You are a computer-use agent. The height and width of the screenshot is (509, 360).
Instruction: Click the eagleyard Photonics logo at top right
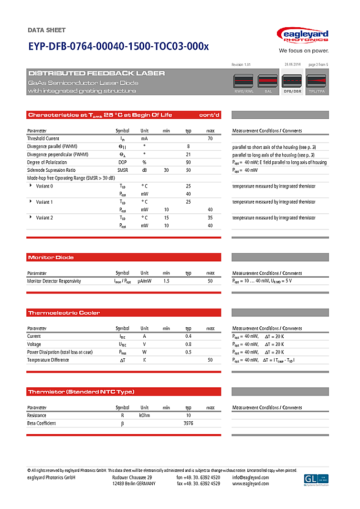click(x=303, y=36)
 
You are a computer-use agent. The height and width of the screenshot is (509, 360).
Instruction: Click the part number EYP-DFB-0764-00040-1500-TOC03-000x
click(x=118, y=47)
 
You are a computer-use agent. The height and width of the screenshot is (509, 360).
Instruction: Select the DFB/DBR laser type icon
click(x=292, y=83)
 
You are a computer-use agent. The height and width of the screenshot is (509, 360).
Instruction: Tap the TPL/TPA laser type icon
click(x=316, y=83)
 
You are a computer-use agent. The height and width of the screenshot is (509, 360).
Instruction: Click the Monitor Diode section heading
click(x=51, y=258)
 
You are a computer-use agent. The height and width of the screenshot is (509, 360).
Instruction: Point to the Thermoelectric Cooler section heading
click(x=64, y=313)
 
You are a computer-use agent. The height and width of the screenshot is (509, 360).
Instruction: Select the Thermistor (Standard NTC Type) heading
click(x=81, y=392)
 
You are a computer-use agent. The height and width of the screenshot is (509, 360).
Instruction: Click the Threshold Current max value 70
click(x=210, y=138)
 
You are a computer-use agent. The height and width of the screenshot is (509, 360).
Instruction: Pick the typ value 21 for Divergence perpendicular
click(x=188, y=155)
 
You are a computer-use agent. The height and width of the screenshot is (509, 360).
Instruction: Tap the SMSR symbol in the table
click(x=123, y=170)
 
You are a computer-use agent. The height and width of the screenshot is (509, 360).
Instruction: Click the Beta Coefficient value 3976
click(x=188, y=423)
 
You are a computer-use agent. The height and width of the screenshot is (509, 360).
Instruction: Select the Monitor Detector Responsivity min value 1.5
click(x=166, y=281)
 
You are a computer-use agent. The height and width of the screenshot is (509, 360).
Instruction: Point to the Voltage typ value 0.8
click(x=188, y=344)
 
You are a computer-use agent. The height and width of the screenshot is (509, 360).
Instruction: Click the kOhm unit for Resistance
click(x=145, y=416)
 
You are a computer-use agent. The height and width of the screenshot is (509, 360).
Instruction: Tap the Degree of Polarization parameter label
click(x=47, y=162)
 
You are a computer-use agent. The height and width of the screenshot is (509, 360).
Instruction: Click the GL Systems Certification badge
click(x=316, y=479)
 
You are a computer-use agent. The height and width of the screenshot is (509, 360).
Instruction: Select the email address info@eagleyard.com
click(x=251, y=478)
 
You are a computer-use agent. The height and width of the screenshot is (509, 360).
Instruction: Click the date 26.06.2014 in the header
click(x=292, y=64)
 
